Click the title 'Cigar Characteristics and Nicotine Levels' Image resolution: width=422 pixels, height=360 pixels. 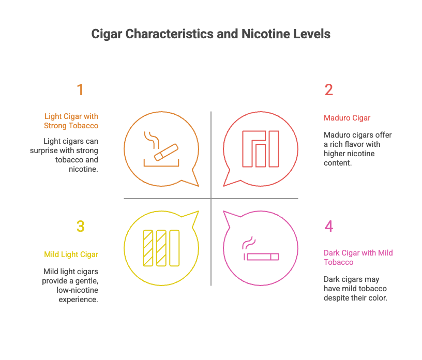(x=211, y=35)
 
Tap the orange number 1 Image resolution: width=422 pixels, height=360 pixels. (x=80, y=90)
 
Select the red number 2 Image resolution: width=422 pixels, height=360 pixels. (x=329, y=90)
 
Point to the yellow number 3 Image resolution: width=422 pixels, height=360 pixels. (x=80, y=227)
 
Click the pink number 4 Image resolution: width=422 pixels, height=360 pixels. (x=329, y=227)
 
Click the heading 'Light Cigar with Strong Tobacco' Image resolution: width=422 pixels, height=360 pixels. (x=71, y=121)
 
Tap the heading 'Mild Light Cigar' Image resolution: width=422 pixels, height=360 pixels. (x=71, y=254)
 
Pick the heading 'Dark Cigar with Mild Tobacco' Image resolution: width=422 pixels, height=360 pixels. (x=358, y=258)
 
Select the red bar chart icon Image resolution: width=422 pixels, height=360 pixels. (x=261, y=149)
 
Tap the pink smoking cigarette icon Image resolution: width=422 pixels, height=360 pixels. (x=261, y=250)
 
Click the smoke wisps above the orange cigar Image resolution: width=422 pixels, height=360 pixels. (x=152, y=139)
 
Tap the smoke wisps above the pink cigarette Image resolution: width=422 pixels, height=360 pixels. (x=249, y=243)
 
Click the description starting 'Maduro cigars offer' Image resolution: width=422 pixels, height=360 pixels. (x=358, y=149)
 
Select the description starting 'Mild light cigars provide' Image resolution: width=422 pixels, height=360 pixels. (x=70, y=286)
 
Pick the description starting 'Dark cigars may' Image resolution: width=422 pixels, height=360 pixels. (x=355, y=289)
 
